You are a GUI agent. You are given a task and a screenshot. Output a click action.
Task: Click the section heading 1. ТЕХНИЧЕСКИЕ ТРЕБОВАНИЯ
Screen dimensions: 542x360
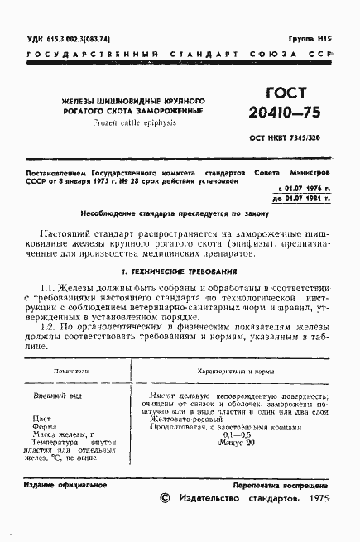click(x=180, y=271)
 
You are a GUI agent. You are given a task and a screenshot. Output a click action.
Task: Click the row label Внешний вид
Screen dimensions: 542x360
click(x=50, y=398)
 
